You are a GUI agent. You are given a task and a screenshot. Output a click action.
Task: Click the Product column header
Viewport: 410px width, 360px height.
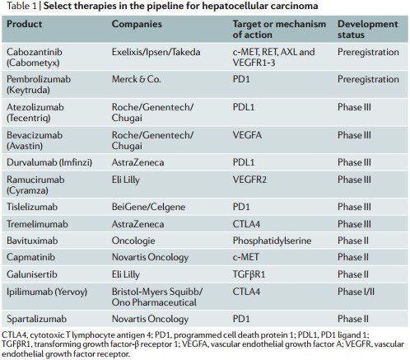point(25,24)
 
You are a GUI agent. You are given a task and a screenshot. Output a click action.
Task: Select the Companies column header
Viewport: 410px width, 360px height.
point(137,24)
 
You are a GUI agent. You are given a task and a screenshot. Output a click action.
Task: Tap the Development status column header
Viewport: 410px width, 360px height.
point(367,30)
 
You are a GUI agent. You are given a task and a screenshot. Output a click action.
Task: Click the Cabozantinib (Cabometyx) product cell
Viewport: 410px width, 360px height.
point(35,57)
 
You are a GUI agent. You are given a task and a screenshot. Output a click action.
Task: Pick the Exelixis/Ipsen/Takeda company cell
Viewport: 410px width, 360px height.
point(156,52)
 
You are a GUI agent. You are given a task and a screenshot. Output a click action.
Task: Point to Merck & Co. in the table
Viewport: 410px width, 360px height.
point(136,79)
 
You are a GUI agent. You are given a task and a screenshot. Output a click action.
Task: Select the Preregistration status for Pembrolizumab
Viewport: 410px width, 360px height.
point(368,79)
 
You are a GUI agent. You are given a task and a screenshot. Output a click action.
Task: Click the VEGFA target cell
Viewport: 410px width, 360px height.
point(247,135)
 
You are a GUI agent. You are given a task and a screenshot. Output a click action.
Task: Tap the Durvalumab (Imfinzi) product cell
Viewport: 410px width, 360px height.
point(49,162)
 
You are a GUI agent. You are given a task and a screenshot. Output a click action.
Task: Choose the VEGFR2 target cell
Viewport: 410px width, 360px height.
point(249,180)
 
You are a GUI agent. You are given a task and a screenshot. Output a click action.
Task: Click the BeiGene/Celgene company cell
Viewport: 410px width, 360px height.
point(148,207)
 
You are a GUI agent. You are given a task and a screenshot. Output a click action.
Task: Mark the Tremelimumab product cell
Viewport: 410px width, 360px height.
point(37,224)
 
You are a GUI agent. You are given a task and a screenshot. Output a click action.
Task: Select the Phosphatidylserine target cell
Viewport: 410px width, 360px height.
point(272,241)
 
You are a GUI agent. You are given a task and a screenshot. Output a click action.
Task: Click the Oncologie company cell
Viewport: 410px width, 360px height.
point(133,241)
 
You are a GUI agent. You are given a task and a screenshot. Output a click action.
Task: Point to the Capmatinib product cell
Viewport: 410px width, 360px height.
point(30,257)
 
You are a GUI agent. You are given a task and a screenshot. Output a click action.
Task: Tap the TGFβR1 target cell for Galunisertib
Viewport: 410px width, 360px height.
point(249,274)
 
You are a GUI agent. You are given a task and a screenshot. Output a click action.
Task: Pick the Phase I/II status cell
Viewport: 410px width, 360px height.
point(356,292)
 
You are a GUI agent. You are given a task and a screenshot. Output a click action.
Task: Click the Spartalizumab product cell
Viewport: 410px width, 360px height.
point(36,319)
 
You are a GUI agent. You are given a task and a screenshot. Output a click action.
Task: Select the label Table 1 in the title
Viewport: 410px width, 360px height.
point(21,6)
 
